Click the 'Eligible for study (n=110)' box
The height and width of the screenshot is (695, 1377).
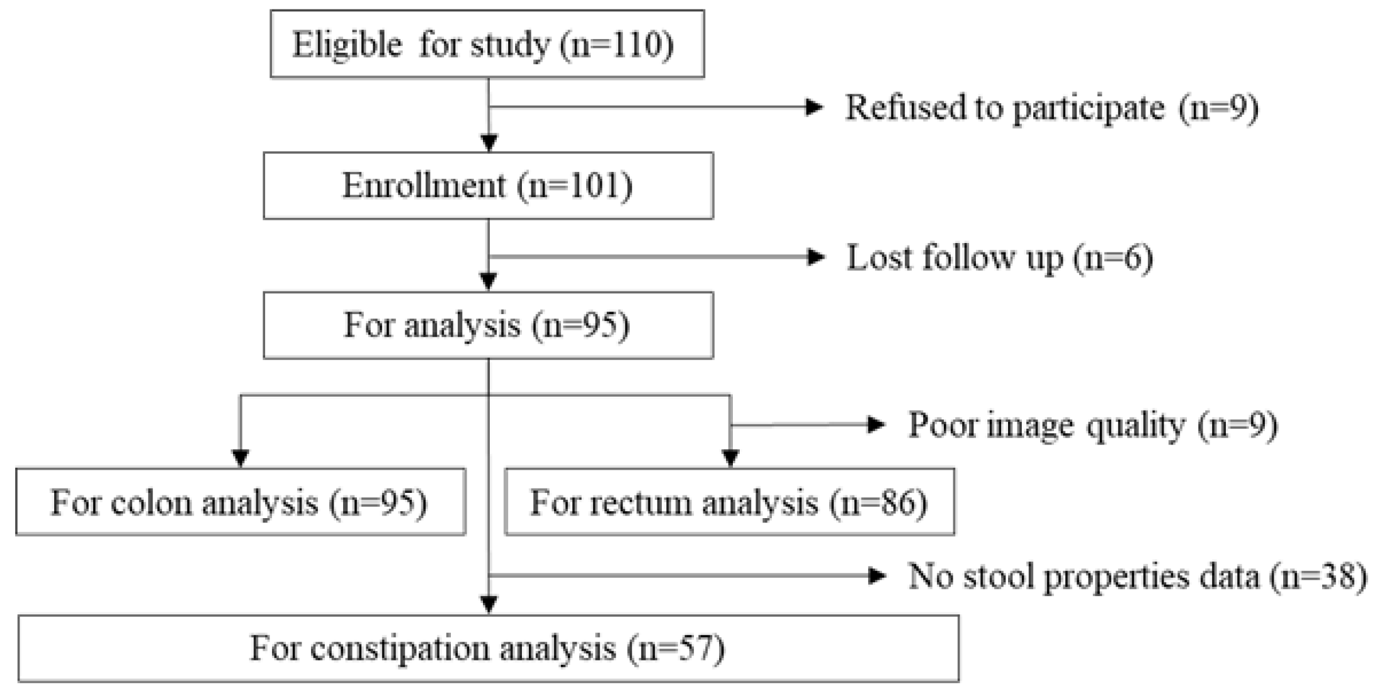(487, 44)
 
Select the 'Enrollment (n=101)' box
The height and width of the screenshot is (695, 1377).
(488, 186)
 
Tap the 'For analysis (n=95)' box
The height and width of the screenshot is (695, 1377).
(488, 325)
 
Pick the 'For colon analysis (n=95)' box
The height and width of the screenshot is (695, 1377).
(240, 502)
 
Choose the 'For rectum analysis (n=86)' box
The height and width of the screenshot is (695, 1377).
(729, 502)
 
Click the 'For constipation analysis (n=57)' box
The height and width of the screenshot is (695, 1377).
(488, 648)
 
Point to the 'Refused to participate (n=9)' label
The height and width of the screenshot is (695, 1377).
(1051, 108)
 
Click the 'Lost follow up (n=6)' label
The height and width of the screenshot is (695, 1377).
(1000, 257)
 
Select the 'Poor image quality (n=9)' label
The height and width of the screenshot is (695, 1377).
(1092, 426)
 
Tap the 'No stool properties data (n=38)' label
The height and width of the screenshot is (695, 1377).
(1137, 576)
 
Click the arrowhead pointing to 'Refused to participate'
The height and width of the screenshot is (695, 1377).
(815, 108)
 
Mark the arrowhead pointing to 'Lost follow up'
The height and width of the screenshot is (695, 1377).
(817, 257)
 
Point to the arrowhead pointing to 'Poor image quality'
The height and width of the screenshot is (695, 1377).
(876, 426)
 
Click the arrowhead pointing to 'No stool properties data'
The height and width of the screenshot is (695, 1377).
(876, 575)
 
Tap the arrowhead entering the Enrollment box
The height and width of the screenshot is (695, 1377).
(489, 144)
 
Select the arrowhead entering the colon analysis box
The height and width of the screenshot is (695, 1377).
(241, 459)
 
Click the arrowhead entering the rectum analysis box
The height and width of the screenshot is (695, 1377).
(730, 459)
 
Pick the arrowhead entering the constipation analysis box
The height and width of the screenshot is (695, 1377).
(489, 605)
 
